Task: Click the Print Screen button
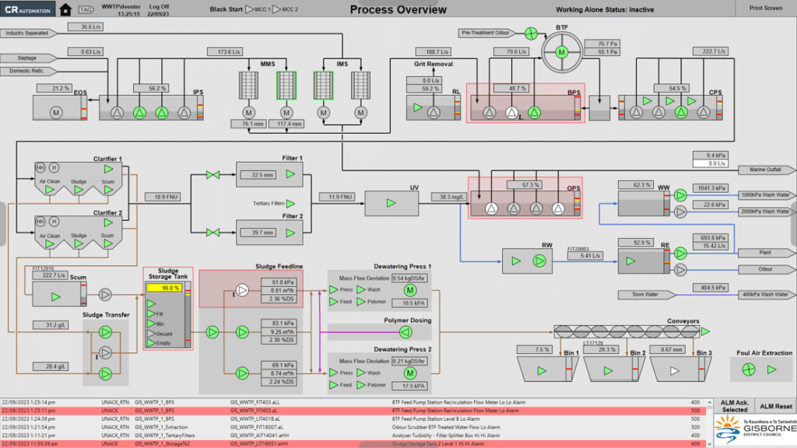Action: (x=766, y=8)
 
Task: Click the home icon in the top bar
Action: (x=65, y=10)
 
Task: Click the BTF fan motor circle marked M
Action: (x=561, y=52)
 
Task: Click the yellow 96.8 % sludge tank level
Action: (x=165, y=288)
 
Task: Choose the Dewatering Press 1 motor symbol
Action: (x=410, y=290)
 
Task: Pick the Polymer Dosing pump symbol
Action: (x=405, y=332)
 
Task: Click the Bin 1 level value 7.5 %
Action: (x=542, y=350)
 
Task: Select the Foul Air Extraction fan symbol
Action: (x=748, y=369)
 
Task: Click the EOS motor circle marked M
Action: (x=56, y=113)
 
